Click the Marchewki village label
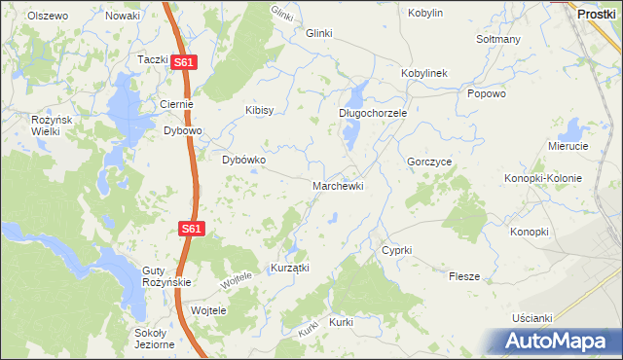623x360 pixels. click(338, 185)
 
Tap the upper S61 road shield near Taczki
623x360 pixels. click(185, 62)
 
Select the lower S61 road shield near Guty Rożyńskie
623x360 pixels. click(192, 229)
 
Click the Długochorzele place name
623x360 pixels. click(372, 113)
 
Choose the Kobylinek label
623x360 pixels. click(423, 74)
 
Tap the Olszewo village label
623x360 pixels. click(48, 17)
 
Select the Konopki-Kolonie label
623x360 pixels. click(543, 178)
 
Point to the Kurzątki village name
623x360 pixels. click(289, 268)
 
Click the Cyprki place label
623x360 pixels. click(397, 250)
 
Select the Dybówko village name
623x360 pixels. click(244, 160)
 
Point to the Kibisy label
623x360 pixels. click(260, 110)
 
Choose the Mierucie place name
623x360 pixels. click(568, 146)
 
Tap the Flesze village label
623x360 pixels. click(464, 276)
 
